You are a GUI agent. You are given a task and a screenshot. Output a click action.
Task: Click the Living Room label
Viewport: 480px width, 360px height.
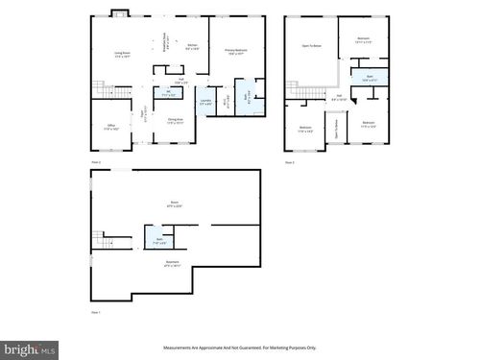pos(122,54)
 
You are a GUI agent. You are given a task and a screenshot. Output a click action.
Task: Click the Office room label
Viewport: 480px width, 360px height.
pos(111,128)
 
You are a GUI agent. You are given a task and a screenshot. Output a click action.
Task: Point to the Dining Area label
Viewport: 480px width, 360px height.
pos(174,122)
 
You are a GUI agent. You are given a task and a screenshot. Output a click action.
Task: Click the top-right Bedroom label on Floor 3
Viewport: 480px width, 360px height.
pos(364,41)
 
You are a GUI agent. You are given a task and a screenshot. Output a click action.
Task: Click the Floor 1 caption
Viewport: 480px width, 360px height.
pos(95,312)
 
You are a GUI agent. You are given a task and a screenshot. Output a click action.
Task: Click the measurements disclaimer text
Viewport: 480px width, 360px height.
pos(239,348)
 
